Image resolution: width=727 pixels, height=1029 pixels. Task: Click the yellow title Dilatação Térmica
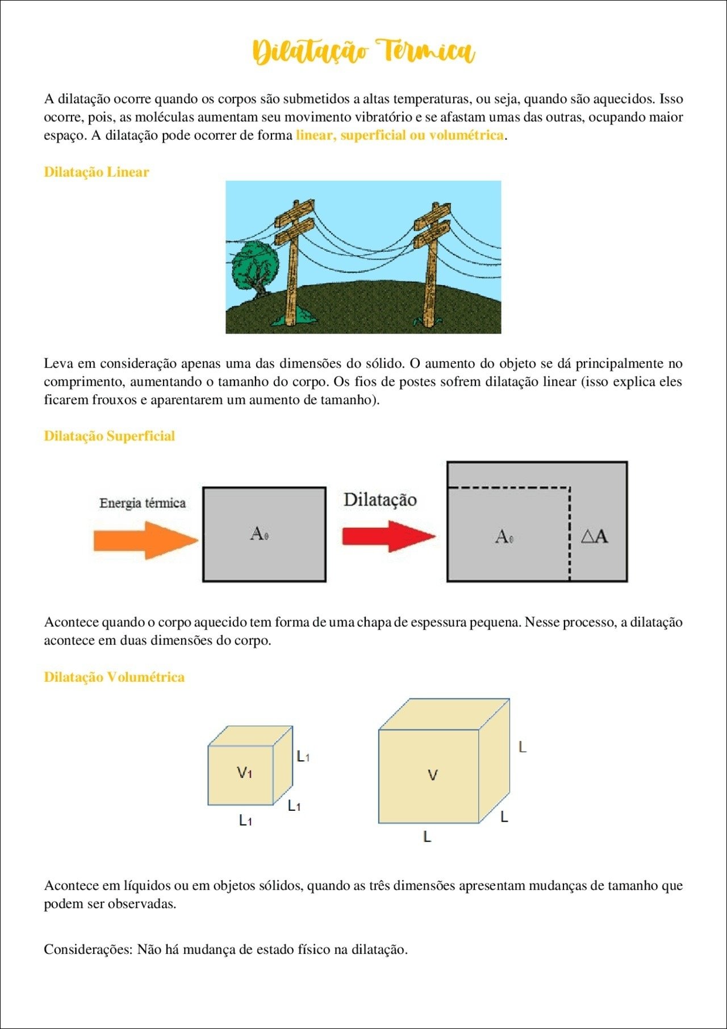(363, 52)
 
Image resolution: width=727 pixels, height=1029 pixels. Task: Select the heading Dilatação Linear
(97, 172)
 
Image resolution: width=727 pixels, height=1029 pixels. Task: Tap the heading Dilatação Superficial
(110, 436)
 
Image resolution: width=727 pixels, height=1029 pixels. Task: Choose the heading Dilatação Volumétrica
(114, 677)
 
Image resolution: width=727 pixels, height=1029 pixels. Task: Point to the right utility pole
(431, 264)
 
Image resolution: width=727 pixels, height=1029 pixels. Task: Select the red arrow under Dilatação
(389, 536)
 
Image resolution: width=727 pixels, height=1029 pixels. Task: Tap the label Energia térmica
(143, 503)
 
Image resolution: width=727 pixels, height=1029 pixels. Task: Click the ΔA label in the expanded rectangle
(595, 536)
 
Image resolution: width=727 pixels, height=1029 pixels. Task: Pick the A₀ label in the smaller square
(260, 534)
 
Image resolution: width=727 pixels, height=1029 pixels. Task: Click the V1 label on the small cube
(244, 772)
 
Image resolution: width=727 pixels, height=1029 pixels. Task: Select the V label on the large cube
(433, 775)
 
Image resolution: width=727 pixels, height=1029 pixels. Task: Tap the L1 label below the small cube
(245, 820)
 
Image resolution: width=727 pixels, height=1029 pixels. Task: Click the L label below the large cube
(428, 836)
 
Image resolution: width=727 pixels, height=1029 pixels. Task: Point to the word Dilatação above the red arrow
(380, 499)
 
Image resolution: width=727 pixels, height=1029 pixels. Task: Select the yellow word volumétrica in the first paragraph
(467, 135)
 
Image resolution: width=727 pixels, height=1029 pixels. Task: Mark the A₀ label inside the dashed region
(504, 536)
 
